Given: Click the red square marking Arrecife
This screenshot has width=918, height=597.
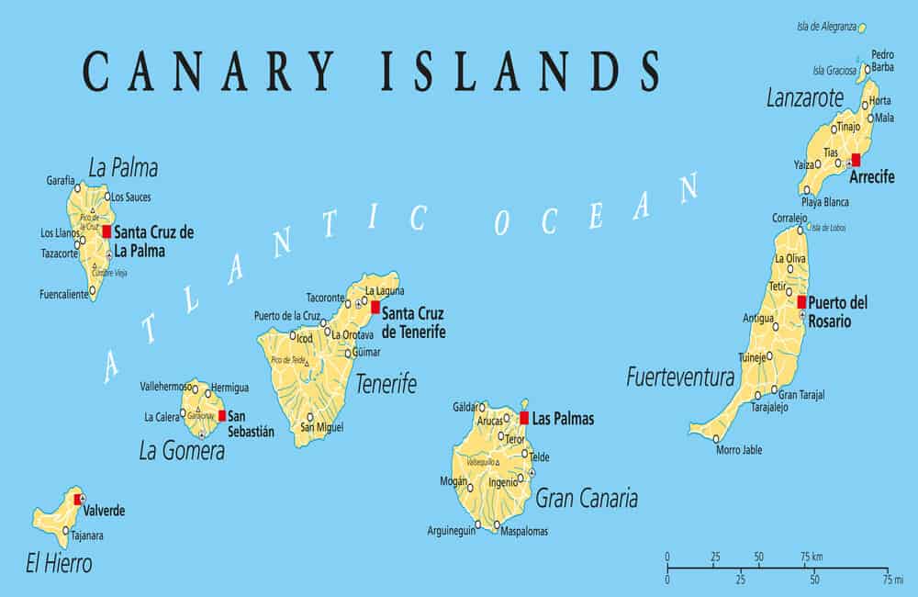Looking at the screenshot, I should click(x=856, y=159).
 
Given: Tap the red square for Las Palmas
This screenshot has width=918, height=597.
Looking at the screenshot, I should click(x=524, y=418).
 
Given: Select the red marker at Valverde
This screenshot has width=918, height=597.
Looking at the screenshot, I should click(x=77, y=500).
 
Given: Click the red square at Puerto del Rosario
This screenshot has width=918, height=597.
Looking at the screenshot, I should click(x=801, y=302).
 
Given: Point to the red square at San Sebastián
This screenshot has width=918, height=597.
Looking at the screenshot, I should click(x=222, y=415).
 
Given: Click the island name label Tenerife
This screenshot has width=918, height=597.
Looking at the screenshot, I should click(x=386, y=383).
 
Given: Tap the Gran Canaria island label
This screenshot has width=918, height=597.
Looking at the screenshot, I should click(x=586, y=499).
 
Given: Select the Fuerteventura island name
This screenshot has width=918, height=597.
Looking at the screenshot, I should click(x=679, y=377).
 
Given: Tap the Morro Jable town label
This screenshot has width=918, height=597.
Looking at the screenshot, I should click(x=739, y=450).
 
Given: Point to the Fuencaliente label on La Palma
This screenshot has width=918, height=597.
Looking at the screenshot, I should click(x=64, y=295).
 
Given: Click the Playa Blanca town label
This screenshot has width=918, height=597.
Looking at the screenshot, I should click(x=824, y=202).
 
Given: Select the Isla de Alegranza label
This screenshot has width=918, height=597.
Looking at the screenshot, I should click(x=831, y=27).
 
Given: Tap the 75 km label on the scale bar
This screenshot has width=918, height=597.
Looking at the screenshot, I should click(x=811, y=557).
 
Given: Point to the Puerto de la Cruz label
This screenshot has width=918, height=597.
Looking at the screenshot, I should click(x=286, y=316).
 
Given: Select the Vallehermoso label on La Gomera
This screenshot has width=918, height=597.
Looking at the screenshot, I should click(x=165, y=387).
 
